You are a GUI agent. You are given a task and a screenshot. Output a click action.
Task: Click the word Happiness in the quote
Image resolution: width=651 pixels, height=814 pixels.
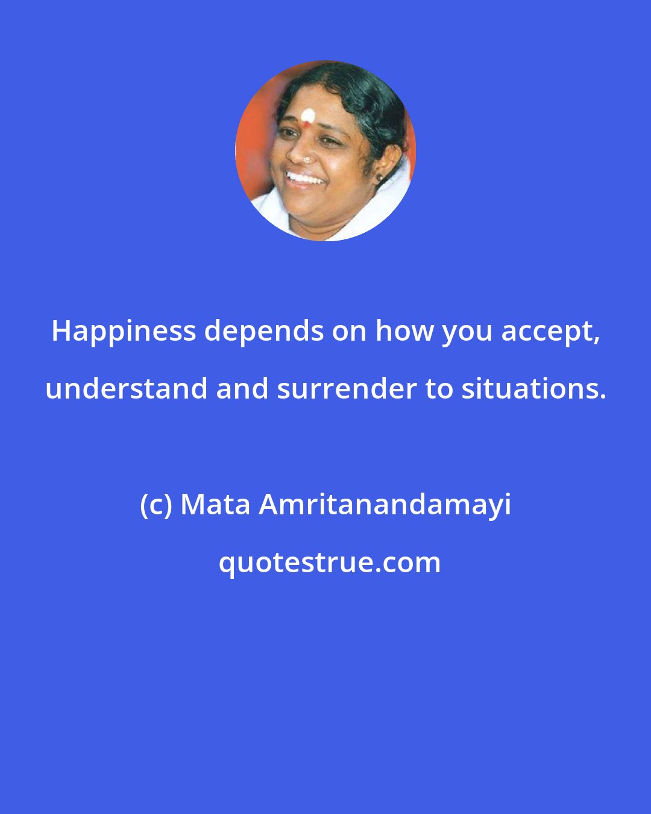tap(124, 332)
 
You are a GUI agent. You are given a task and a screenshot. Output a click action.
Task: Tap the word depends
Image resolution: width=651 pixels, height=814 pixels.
tap(264, 332)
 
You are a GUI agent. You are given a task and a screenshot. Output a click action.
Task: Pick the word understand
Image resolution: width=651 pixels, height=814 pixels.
tap(127, 388)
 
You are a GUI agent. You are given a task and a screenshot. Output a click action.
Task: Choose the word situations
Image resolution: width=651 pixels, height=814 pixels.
tap(533, 389)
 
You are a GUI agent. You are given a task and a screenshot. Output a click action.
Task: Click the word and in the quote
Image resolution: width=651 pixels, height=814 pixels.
tap(242, 388)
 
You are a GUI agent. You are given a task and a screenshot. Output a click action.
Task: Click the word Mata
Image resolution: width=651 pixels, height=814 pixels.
tap(215, 505)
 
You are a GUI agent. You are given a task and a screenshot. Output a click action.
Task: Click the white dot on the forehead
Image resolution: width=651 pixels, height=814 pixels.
tap(308, 116)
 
